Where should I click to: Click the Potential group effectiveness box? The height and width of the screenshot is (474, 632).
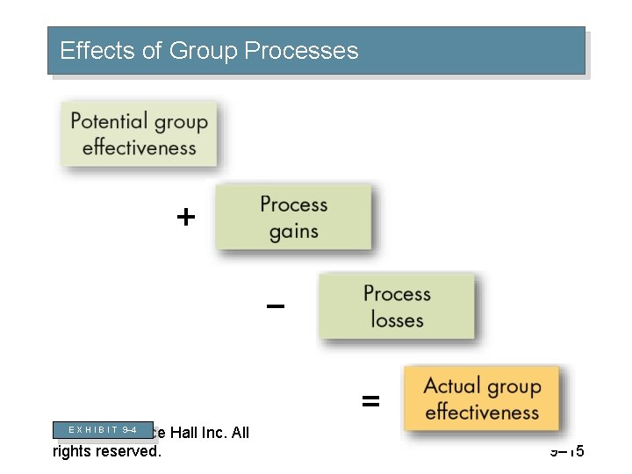coord(139,134)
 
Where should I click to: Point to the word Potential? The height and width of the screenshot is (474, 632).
coord(110,121)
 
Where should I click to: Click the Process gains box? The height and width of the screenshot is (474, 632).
coord(293,218)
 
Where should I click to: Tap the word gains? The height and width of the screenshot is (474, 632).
coord(293,232)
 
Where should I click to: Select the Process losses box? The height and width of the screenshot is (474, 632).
coord(397,306)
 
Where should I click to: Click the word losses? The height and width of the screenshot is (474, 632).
coord(397,320)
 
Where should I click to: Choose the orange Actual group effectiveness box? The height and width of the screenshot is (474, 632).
coord(481,399)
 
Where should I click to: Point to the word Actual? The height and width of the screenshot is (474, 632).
coord(451,385)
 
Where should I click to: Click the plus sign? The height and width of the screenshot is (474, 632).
coord(185,217)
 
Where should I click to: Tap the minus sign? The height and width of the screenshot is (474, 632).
coord(276,306)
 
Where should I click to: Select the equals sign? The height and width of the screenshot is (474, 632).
coord(371,402)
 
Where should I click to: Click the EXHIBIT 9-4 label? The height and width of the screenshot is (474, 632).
coord(102,430)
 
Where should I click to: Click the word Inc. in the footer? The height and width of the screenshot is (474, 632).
coord(221,432)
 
